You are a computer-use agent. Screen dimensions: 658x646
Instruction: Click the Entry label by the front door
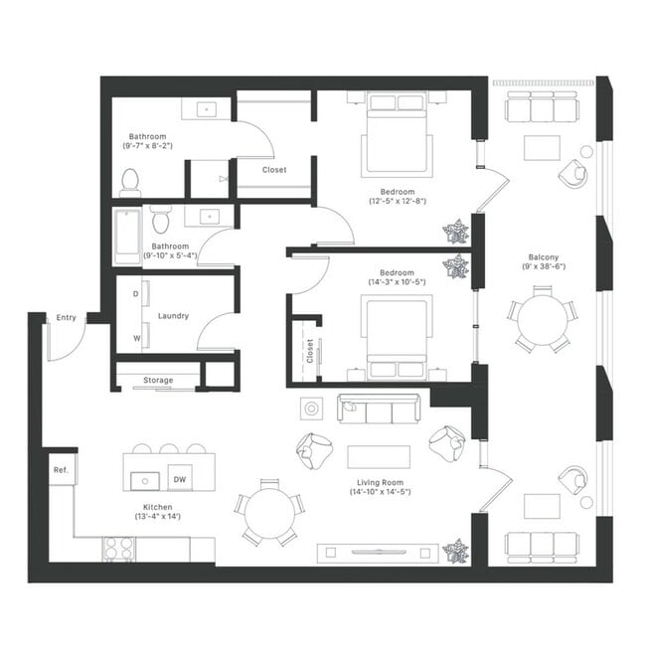click(x=66, y=317)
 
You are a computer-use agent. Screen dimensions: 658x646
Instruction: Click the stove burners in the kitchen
click(x=118, y=546)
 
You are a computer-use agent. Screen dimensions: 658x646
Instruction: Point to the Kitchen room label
click(x=151, y=505)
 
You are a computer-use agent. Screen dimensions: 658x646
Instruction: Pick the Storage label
click(x=157, y=380)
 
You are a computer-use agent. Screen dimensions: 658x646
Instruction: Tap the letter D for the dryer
click(x=135, y=294)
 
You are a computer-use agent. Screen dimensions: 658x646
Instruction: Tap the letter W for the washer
click(x=135, y=338)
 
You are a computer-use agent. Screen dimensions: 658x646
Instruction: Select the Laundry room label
click(x=173, y=316)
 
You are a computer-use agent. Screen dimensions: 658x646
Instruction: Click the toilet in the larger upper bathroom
click(x=129, y=180)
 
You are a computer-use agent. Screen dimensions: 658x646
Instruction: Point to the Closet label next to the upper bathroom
click(x=274, y=170)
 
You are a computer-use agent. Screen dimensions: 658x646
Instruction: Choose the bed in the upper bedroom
click(x=397, y=134)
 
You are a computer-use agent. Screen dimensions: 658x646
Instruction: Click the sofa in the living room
click(x=380, y=408)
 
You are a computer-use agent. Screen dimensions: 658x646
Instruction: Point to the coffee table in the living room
click(x=379, y=456)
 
